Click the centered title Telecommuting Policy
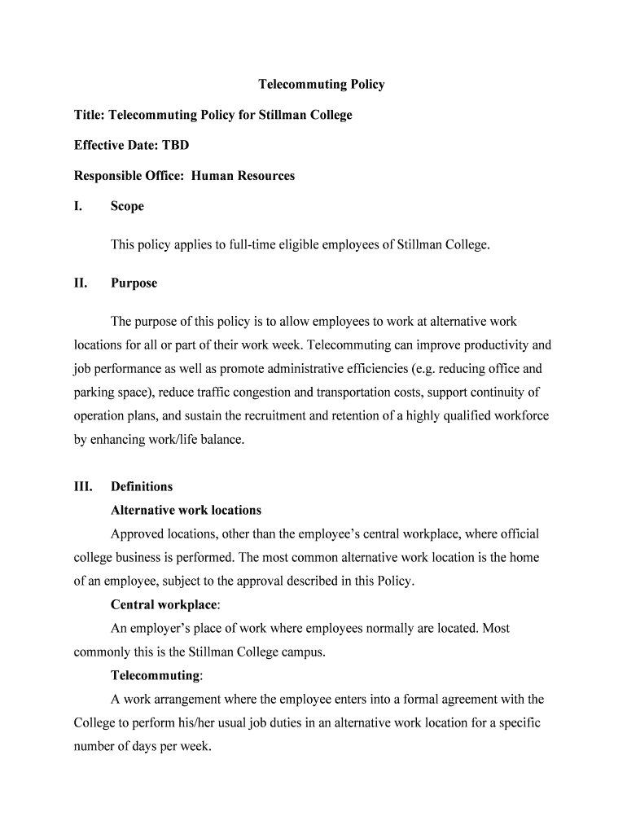(x=322, y=85)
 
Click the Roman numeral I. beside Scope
(x=78, y=207)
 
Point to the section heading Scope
(x=127, y=207)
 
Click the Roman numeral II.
(x=81, y=283)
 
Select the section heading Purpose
(x=134, y=283)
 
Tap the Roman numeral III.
(x=83, y=487)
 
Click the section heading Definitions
(x=142, y=487)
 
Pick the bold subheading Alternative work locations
(x=186, y=511)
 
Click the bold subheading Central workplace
(x=164, y=605)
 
